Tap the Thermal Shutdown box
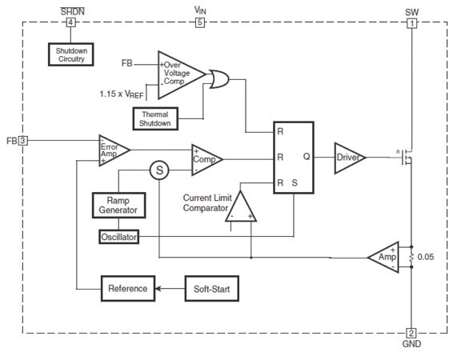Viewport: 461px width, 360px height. coord(154,118)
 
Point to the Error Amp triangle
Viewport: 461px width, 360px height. coord(111,150)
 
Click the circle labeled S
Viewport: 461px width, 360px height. coord(159,170)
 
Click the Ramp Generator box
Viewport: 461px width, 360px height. coord(118,204)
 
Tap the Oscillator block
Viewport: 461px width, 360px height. coord(118,238)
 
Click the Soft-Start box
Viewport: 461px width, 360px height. coord(211,288)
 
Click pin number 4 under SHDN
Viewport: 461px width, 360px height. coord(70,22)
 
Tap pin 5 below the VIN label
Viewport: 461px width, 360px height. coord(200,22)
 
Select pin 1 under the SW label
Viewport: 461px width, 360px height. coord(412,22)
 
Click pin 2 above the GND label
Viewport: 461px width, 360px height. coord(412,333)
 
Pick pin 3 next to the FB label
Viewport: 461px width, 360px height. coord(22,141)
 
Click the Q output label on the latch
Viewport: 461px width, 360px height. coord(307,158)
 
